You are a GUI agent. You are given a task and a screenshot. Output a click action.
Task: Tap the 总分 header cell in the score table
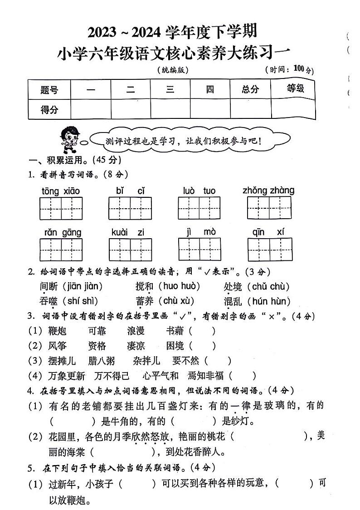click(x=250, y=89)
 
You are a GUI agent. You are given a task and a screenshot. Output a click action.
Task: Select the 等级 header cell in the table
click(x=295, y=88)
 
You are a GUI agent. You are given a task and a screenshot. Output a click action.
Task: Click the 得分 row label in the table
click(x=49, y=109)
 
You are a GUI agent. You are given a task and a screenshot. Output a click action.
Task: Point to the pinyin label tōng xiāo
click(x=60, y=191)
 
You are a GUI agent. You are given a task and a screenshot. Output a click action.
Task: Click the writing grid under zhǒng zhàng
click(x=268, y=208)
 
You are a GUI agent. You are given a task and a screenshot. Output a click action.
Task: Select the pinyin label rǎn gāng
click(x=63, y=233)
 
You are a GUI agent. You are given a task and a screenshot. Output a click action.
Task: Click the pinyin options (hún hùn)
click(x=269, y=301)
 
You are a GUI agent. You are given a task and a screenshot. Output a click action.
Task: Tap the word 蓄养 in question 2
click(x=145, y=301)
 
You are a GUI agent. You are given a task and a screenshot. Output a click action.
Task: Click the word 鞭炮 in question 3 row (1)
click(x=57, y=331)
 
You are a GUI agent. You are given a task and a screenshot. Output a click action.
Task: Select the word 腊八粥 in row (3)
click(x=102, y=361)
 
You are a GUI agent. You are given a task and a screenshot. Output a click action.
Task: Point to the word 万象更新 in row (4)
click(x=67, y=376)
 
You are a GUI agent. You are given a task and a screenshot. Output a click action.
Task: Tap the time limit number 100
click(x=299, y=69)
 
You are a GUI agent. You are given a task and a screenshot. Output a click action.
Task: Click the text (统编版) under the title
click(x=172, y=70)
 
